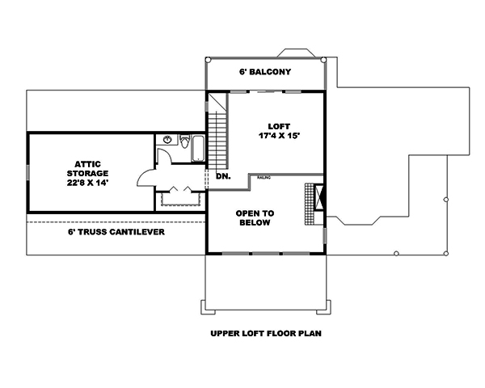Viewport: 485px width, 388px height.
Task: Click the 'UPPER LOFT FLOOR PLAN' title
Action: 262,333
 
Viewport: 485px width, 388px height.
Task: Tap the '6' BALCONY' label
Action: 264,72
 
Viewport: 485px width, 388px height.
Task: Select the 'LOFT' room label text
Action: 280,126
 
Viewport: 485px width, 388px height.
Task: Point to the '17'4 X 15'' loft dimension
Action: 280,136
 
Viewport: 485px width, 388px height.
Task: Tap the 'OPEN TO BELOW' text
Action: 255,217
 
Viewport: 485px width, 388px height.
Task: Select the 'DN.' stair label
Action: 223,175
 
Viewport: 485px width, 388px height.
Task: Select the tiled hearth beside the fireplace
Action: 307,205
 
